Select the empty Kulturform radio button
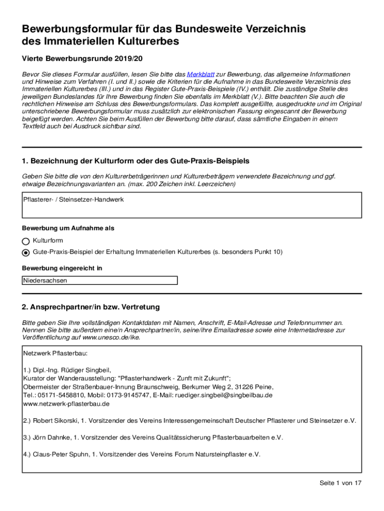26,241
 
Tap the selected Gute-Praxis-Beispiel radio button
26,253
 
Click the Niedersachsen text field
100,280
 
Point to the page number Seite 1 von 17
340,483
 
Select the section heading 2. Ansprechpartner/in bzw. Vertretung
91,306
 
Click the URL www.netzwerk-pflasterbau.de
59,403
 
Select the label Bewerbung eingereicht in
62,268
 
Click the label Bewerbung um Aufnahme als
68,228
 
